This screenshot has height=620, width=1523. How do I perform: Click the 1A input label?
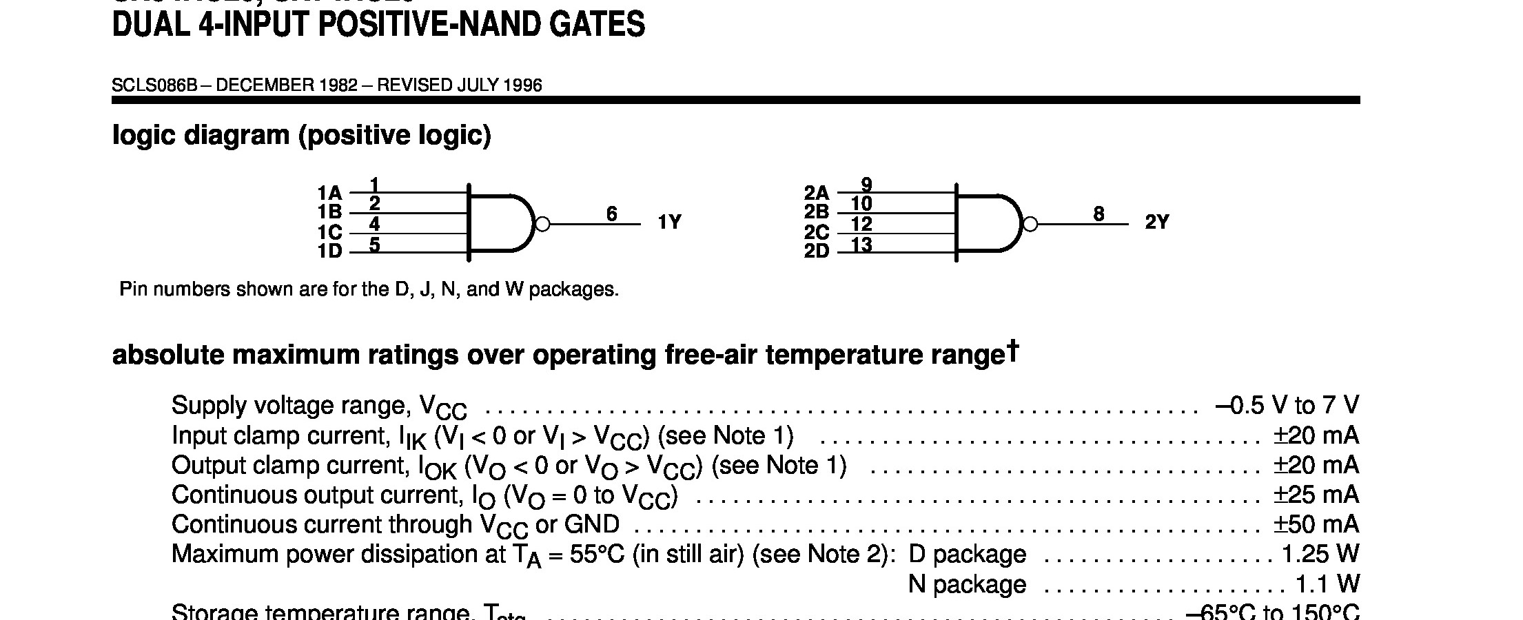point(329,193)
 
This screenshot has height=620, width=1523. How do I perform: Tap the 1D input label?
point(329,251)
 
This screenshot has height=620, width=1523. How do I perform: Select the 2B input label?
point(817,212)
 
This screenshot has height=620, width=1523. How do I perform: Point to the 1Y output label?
point(669,223)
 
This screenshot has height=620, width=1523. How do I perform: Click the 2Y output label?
point(1157,223)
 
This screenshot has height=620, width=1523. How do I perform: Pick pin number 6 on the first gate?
point(611,214)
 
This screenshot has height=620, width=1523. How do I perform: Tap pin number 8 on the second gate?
point(1098,214)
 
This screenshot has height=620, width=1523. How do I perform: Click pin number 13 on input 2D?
point(861,245)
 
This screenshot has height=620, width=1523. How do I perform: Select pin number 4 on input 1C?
point(374,224)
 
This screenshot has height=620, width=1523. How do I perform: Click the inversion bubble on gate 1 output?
point(542,224)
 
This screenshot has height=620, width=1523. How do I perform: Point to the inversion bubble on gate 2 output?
point(1030,224)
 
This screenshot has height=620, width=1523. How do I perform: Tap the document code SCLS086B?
point(154,85)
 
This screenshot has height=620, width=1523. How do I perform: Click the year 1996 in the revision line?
point(522,85)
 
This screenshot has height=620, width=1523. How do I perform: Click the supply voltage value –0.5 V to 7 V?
point(1287,406)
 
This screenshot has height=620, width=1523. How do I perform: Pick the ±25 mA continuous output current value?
point(1316,495)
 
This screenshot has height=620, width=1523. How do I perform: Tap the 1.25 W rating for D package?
point(1320,555)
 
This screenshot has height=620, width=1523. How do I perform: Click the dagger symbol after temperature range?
point(1012,349)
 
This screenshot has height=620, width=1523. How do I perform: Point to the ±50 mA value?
point(1316,525)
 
